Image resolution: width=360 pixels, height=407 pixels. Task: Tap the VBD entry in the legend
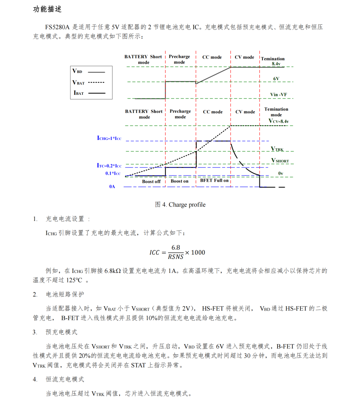coord(78,72)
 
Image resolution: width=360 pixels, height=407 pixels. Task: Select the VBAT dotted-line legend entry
coord(79,82)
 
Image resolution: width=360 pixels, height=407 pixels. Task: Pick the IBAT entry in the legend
coord(79,93)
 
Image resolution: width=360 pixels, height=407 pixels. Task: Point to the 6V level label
coord(276,78)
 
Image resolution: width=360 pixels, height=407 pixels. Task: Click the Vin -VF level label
coord(276,95)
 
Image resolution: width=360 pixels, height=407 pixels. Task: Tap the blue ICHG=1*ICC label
coord(109,138)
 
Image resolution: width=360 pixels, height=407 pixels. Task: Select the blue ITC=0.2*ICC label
coord(109,166)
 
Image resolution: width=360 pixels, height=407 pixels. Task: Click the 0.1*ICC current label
coord(113,173)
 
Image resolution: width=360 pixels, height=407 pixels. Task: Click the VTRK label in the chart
coord(277,149)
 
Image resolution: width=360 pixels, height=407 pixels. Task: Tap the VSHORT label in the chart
coord(280,161)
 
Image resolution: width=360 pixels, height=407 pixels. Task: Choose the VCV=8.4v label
coord(279,121)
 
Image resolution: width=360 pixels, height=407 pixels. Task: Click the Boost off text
coord(151,181)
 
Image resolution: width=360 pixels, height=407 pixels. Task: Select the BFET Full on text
coord(214,181)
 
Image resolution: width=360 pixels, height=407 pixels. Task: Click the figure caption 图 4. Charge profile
coord(180,205)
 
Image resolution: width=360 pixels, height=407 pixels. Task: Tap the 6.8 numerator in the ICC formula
coord(176,247)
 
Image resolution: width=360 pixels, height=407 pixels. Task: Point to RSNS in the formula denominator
coord(176,257)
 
